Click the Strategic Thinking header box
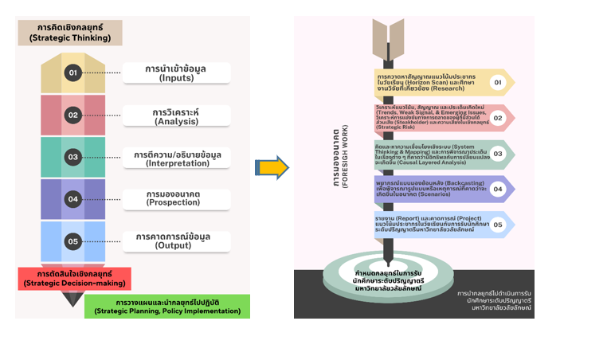tap(72, 32)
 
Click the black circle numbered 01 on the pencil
tap(72, 73)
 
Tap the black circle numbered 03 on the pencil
tap(72, 157)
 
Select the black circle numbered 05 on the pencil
tap(72, 240)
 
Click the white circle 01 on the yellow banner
tap(498, 82)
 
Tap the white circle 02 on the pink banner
tap(498, 118)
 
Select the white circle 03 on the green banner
tap(498, 154)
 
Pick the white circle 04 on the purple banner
tap(498, 190)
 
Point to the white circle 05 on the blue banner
tap(498, 225)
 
